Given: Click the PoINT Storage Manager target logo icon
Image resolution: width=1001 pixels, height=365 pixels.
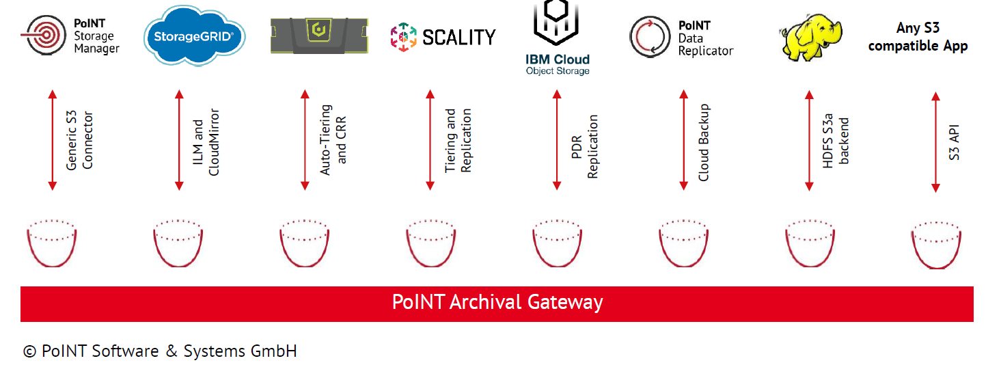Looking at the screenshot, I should click(x=46, y=36).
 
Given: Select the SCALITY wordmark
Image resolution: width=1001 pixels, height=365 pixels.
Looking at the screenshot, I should click(x=458, y=37).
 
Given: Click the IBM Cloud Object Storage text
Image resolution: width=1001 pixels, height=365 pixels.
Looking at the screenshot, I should click(x=557, y=64).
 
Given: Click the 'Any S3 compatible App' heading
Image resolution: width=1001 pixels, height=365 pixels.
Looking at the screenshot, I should click(x=918, y=37).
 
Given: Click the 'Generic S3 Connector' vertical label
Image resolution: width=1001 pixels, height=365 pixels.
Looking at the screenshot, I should click(x=79, y=140).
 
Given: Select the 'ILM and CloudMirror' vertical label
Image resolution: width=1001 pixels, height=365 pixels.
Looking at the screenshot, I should click(x=206, y=140).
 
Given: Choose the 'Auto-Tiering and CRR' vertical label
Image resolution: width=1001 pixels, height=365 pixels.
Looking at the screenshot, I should click(x=333, y=139).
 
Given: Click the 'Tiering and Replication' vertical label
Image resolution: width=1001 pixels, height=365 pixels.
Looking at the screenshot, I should click(x=458, y=140).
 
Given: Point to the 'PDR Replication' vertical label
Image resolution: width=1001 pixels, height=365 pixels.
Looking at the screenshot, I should click(x=584, y=146).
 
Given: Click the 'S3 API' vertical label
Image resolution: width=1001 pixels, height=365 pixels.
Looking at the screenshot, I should click(x=955, y=142).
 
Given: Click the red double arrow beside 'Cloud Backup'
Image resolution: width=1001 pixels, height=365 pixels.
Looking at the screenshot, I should click(x=683, y=139).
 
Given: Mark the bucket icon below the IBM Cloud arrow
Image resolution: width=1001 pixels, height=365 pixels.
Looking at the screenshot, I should click(x=557, y=243).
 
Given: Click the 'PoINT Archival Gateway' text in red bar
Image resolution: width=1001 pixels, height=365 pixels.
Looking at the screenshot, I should click(x=497, y=302).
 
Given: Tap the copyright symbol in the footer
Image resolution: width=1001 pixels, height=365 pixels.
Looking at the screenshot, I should click(x=29, y=352).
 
